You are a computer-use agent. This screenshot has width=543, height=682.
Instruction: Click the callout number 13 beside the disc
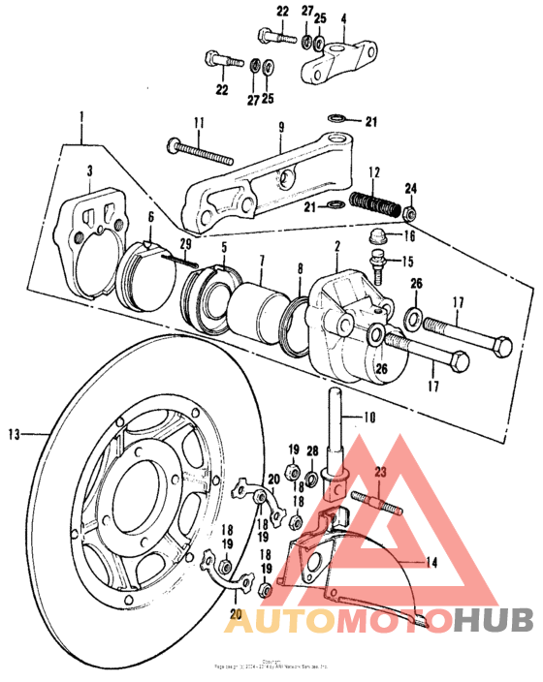click(13, 433)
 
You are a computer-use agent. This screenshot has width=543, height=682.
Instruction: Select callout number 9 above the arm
click(280, 126)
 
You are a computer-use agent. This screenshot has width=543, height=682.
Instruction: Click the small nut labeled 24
click(410, 211)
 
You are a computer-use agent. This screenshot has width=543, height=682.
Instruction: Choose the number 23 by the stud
click(380, 472)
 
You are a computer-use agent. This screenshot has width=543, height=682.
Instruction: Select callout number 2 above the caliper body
click(336, 247)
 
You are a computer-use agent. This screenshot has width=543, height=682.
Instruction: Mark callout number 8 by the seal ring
click(299, 268)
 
